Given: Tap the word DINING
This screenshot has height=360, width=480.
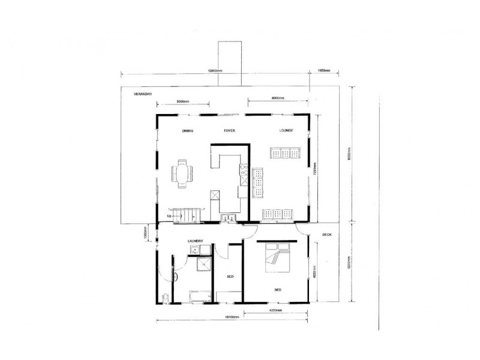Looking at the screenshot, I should (187, 131).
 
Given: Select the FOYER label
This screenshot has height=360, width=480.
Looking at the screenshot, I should (229, 131).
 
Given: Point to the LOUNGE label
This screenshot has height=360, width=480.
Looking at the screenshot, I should (286, 131).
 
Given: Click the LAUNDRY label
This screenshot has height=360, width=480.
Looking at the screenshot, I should (196, 242).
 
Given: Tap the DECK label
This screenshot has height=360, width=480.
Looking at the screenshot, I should (327, 235).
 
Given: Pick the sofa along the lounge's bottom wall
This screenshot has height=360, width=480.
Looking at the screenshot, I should (277, 213).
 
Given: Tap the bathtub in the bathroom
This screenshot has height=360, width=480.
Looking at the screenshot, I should (199, 296).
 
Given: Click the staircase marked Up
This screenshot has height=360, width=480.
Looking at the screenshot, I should (183, 215).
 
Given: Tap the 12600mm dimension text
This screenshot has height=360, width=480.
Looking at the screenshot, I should (215, 71).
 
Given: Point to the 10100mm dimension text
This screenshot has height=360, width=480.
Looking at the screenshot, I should (232, 317).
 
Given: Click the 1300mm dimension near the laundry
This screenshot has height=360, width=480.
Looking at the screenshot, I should (146, 232).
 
